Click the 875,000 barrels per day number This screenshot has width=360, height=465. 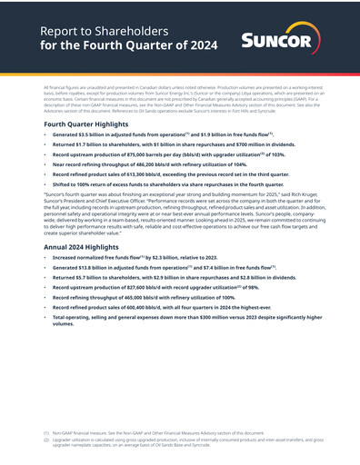click(x=131, y=154)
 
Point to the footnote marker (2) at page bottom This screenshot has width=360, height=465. click(x=46, y=441)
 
